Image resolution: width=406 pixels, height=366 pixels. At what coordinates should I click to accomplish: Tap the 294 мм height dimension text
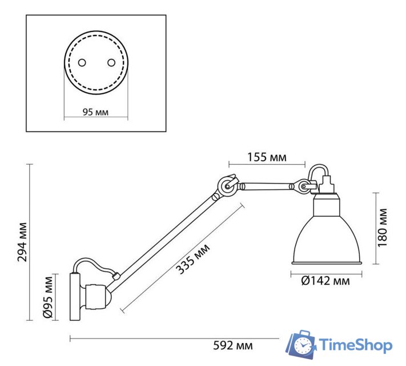[22, 241]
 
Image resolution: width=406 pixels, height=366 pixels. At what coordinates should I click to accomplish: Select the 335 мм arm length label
[192, 258]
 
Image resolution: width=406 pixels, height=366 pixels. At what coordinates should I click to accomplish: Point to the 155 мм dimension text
[267, 157]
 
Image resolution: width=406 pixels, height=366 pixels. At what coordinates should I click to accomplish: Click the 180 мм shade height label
[383, 228]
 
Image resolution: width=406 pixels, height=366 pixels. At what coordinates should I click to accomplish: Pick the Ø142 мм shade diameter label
[325, 281]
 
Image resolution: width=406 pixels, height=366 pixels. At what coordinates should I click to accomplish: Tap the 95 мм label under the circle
[95, 112]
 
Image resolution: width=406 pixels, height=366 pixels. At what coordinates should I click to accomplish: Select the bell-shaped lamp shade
[326, 234]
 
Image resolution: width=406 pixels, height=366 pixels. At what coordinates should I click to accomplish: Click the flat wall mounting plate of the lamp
[75, 296]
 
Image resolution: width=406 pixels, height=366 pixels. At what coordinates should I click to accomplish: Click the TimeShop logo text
[355, 345]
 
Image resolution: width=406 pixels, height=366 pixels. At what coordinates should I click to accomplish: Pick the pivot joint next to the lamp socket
[302, 186]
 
